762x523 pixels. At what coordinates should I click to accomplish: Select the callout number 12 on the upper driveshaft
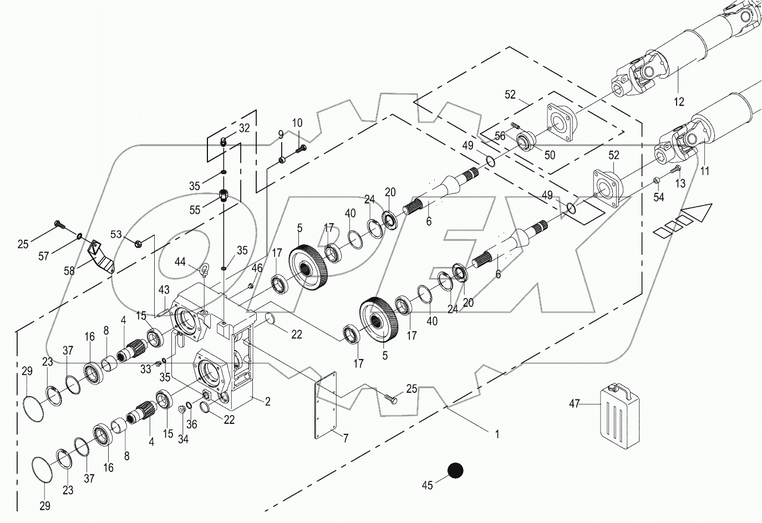point(679,101)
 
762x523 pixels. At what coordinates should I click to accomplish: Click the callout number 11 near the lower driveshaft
point(704,171)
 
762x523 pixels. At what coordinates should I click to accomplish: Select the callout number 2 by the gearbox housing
point(267,402)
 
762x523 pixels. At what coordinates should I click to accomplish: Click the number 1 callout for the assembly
point(497,434)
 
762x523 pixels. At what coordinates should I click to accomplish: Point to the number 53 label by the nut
point(115,234)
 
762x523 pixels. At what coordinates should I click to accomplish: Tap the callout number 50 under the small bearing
point(549,156)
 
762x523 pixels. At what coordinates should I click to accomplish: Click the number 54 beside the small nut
point(658,197)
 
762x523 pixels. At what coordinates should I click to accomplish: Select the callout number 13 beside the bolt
point(680,183)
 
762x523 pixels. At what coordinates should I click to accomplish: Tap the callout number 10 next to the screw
point(297,122)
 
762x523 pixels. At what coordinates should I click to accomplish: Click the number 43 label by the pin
point(164,289)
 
